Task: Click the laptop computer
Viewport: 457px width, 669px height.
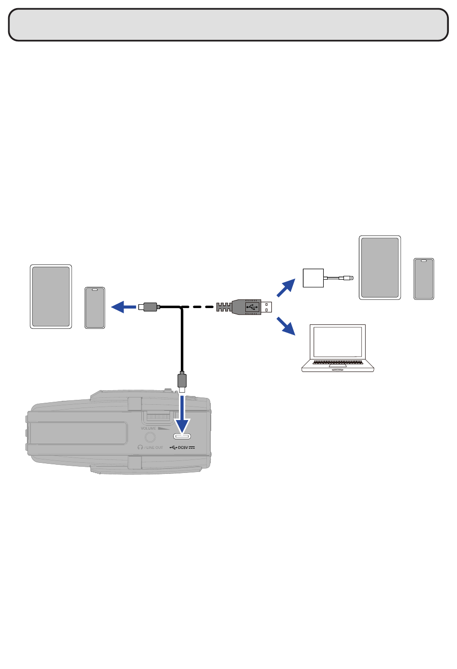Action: tap(338, 347)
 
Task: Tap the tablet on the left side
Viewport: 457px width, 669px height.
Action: tap(51, 297)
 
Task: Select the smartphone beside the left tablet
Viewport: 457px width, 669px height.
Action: tap(95, 308)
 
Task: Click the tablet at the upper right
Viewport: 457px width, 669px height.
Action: tap(380, 268)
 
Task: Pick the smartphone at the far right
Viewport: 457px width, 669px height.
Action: tap(424, 279)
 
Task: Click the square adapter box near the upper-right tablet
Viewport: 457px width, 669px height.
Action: tap(313, 278)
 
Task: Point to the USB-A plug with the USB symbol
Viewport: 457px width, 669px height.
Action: tap(252, 307)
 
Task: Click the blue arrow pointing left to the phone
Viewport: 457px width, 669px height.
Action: tap(124, 307)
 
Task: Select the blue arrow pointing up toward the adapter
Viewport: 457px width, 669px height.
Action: tap(286, 287)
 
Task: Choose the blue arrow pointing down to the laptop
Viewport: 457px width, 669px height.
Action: tap(286, 326)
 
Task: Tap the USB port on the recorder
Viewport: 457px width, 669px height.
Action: tap(182, 436)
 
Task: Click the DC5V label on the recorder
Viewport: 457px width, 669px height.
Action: tap(186, 448)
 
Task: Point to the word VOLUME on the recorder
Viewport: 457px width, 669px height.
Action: tap(149, 428)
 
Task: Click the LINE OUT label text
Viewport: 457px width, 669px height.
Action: tap(154, 448)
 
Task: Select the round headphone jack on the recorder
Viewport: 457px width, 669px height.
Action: tap(150, 437)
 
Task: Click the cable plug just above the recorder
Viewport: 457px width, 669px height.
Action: tap(182, 381)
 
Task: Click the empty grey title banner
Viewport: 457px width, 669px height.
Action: tap(228, 25)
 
